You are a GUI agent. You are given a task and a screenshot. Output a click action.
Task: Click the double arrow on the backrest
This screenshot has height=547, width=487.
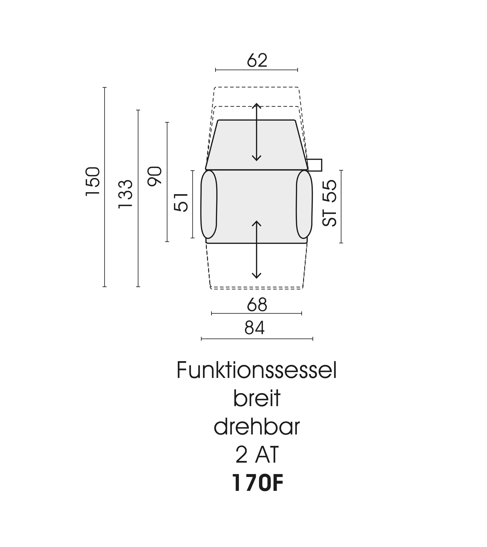[x=256, y=132]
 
